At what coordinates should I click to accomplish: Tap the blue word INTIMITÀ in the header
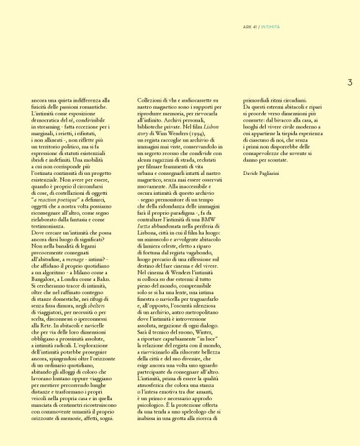pos(270,27)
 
